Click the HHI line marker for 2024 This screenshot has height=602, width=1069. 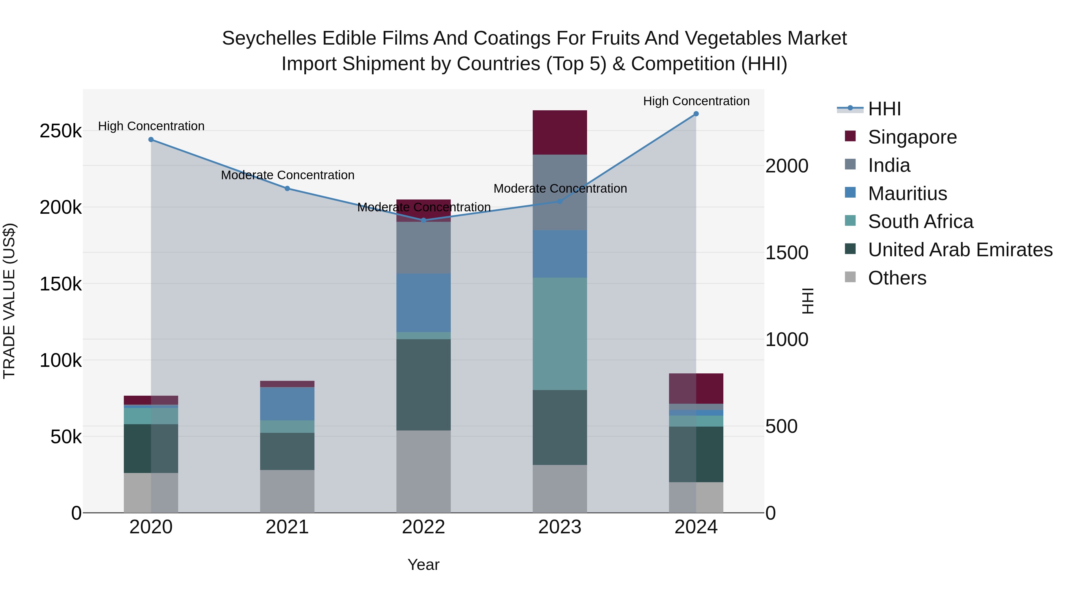(x=696, y=114)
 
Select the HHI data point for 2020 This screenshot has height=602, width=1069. (x=151, y=140)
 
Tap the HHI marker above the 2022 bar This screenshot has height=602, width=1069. (x=423, y=220)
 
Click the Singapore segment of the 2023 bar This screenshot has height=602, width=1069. (x=559, y=133)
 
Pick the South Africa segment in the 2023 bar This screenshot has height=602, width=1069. (x=559, y=334)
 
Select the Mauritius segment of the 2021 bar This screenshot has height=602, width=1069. (x=287, y=403)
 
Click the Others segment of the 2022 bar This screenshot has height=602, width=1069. (x=423, y=471)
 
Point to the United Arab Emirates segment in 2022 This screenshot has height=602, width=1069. (x=423, y=384)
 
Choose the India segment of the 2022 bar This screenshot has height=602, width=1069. (x=423, y=248)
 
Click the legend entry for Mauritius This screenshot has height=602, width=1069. (x=907, y=194)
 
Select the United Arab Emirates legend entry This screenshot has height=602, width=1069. (x=960, y=250)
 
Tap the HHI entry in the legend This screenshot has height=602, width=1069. (x=884, y=109)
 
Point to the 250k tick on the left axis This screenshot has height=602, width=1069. (x=61, y=131)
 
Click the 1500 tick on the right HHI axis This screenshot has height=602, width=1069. (x=786, y=253)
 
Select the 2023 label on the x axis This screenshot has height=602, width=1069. (x=559, y=527)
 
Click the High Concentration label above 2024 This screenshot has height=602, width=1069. (x=696, y=101)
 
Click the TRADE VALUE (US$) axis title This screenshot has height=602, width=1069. (x=10, y=301)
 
